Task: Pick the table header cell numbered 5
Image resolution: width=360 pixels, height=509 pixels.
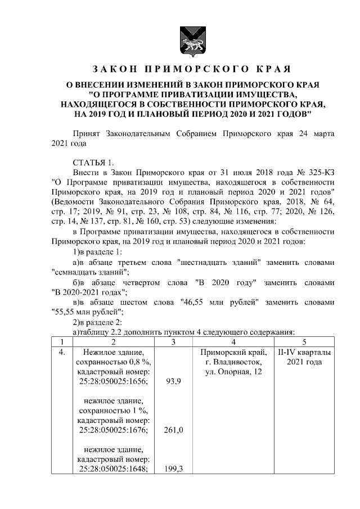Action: click(x=304, y=341)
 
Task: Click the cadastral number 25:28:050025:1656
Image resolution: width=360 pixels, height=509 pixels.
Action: click(x=113, y=381)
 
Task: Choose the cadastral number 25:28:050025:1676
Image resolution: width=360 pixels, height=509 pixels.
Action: click(x=113, y=430)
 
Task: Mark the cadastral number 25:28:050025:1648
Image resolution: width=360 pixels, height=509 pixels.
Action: click(x=113, y=469)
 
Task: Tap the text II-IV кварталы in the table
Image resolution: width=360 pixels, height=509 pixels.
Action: click(x=304, y=352)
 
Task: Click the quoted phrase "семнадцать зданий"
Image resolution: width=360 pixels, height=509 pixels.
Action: click(x=89, y=272)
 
